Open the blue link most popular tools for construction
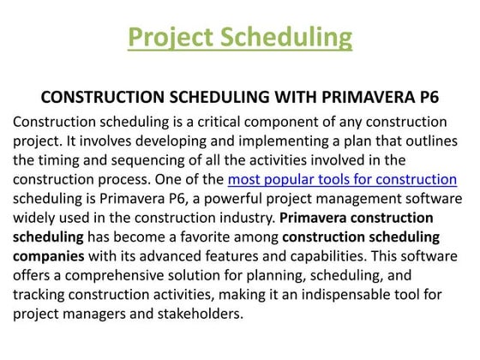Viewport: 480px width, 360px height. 342,179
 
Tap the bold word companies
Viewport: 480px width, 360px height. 50,255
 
